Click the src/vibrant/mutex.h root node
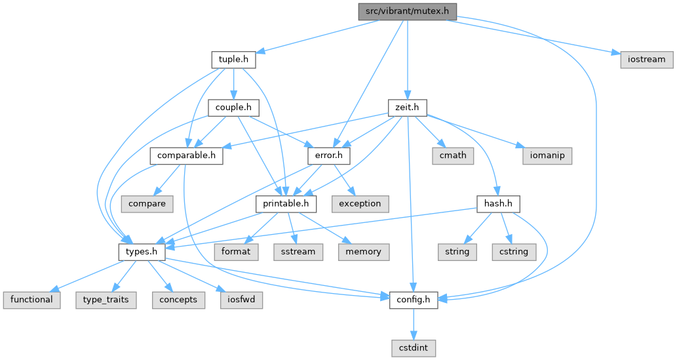click(407, 11)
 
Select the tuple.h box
click(233, 60)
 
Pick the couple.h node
click(233, 108)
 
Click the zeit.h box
click(407, 108)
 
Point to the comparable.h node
click(186, 156)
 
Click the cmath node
click(453, 156)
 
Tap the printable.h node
click(286, 204)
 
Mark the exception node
click(359, 204)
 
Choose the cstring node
click(514, 252)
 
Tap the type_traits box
click(106, 300)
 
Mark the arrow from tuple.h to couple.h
click(233, 83)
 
